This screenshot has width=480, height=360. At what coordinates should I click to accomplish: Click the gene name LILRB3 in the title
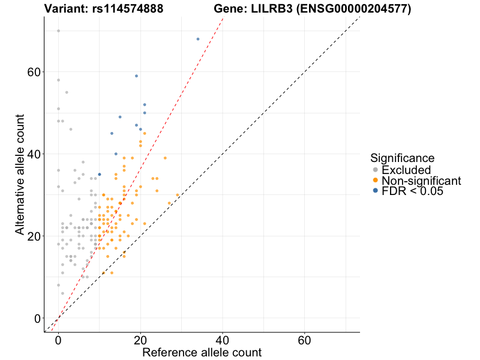(262, 9)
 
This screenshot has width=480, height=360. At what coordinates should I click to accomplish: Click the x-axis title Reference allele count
(202, 352)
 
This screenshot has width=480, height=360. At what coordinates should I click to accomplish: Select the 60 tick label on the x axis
(304, 339)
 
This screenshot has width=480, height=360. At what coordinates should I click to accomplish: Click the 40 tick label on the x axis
(222, 339)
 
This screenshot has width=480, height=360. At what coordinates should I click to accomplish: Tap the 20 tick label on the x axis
(140, 339)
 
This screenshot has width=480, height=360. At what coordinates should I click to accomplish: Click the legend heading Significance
(403, 158)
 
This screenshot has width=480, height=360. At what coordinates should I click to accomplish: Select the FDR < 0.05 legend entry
(413, 191)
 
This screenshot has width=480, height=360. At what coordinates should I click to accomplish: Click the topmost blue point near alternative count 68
(197, 39)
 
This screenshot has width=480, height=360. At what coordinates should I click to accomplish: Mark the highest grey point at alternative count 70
(58, 31)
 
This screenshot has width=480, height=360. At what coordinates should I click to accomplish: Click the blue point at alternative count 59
(136, 76)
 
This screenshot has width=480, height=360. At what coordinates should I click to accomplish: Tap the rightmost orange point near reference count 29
(177, 195)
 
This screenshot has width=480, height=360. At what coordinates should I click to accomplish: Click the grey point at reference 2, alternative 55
(67, 92)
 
